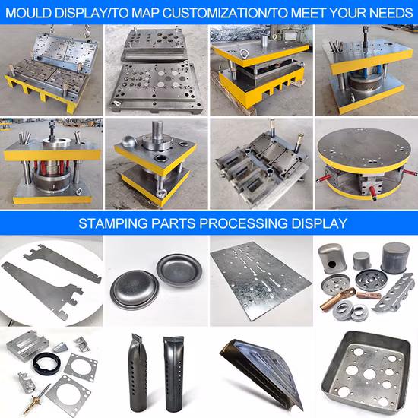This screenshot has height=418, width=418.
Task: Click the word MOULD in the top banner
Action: tap(28, 13)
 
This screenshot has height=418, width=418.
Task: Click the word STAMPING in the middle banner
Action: tap(113, 223)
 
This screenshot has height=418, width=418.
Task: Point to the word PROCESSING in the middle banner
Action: tap(244, 223)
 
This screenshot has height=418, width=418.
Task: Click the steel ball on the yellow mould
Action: tap(129, 144)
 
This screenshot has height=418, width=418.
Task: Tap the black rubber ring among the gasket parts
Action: tap(47, 363)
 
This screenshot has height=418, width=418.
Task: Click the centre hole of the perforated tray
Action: tap(369, 374)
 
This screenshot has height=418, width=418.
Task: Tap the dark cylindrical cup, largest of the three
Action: tap(395, 258)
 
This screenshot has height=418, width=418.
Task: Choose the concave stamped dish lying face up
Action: tap(179, 270)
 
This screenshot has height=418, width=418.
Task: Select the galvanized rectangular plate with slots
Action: tap(261, 280)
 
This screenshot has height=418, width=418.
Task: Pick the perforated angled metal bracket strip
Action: tap(394, 293)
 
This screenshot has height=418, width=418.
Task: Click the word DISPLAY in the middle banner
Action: tap(319, 223)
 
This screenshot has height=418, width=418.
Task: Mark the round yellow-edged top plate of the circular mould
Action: tap(364, 150)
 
